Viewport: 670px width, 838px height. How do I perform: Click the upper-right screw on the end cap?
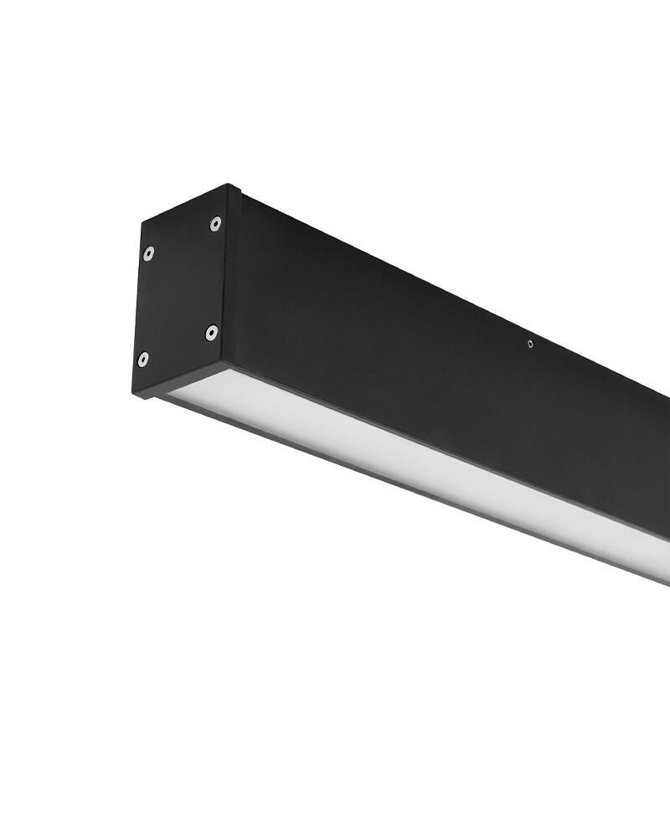215,223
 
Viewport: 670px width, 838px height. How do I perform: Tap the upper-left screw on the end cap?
148,252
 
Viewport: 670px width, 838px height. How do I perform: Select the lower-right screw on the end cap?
212,333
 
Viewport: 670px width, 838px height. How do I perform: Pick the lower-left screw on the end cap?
143,359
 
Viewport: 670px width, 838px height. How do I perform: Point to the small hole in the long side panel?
530,342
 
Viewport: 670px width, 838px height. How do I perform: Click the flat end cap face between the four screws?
180,292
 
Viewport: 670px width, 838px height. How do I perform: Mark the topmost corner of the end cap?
228,185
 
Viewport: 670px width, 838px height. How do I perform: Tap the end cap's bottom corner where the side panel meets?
224,365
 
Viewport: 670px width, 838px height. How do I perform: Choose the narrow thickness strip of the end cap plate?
232,277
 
